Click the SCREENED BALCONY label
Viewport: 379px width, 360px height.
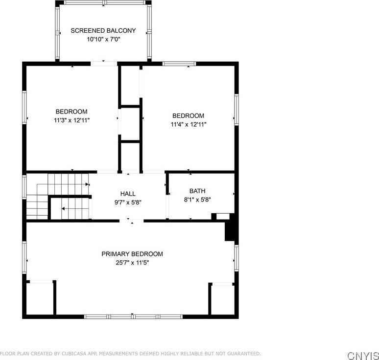click(x=103, y=30)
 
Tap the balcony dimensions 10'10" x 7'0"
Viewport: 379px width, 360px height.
click(x=103, y=39)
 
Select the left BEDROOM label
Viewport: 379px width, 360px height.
click(x=71, y=112)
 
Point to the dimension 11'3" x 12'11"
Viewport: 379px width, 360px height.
click(x=71, y=120)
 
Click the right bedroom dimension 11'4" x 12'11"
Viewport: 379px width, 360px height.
click(x=189, y=124)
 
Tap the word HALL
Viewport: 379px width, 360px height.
click(x=128, y=194)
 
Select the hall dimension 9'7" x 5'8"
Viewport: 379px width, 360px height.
click(x=128, y=202)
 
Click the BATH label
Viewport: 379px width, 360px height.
click(x=197, y=191)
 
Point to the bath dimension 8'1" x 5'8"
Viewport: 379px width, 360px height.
click(x=197, y=199)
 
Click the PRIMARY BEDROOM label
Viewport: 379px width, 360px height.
click(x=132, y=254)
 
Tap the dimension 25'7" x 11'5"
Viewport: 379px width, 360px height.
click(x=132, y=263)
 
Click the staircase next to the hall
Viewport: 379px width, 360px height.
click(x=56, y=196)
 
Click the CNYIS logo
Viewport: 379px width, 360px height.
click(x=363, y=355)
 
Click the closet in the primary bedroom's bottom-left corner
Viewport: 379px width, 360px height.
click(x=40, y=297)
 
